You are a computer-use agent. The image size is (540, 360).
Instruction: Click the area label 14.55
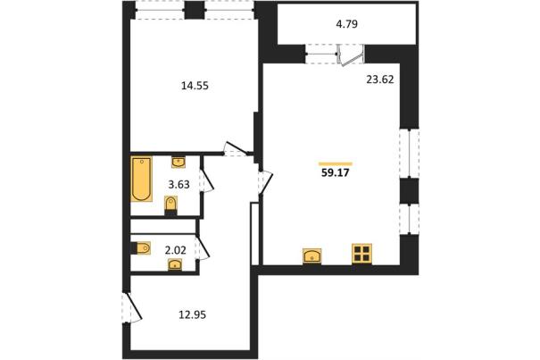coord(195,86)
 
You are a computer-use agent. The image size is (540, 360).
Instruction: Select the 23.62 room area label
coord(380,80)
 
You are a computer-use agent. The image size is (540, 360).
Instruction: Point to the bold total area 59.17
coord(335,172)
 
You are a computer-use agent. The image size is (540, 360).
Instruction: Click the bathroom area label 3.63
coord(179,185)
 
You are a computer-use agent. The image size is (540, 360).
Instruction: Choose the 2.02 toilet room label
coord(176,250)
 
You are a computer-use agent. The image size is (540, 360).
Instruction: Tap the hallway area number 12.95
coord(193,314)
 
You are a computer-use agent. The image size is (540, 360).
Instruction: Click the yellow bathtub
coord(141,179)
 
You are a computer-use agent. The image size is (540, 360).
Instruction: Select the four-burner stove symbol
coord(362,254)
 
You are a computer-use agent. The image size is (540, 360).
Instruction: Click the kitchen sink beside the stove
coord(312,255)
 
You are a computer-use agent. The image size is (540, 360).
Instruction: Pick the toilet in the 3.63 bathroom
coord(170,205)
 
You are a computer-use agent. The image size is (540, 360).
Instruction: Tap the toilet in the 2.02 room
coord(142,248)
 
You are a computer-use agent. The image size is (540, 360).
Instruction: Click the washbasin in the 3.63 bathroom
coord(179,162)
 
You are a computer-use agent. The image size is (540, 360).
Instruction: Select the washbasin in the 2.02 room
coord(176,264)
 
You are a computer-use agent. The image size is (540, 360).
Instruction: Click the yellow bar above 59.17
coord(336,163)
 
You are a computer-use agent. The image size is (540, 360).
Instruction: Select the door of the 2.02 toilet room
coord(203,247)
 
